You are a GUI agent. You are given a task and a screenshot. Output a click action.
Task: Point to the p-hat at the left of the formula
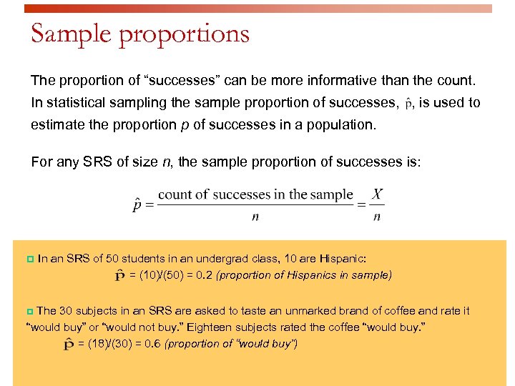137,205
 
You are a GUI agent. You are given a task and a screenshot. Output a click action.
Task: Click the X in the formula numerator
377,194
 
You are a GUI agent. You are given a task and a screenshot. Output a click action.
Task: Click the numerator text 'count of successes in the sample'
255,194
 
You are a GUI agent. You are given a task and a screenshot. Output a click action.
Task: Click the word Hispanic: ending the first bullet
345,258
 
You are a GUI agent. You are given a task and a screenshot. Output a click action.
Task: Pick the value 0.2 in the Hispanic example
203,275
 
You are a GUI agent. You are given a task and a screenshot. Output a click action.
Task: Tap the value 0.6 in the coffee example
152,344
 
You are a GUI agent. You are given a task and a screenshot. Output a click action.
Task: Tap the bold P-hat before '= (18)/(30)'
70,345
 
